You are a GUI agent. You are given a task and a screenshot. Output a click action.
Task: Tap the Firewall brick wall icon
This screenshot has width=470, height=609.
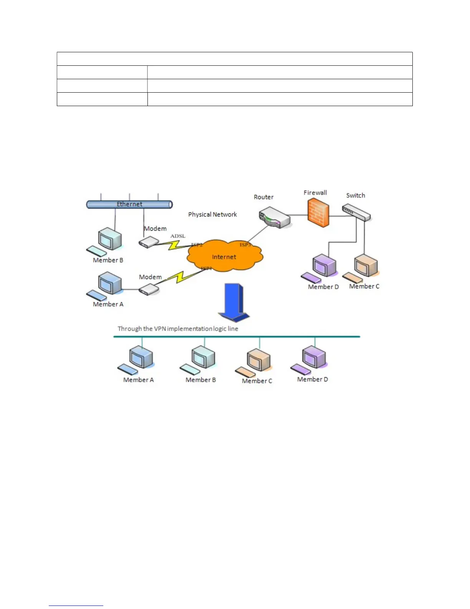[318, 213]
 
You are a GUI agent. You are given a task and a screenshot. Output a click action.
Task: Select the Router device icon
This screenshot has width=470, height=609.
[274, 218]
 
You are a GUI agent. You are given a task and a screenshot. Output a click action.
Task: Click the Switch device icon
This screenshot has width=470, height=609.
[356, 213]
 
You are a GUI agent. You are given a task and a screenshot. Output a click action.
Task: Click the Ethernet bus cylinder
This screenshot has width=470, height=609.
[129, 204]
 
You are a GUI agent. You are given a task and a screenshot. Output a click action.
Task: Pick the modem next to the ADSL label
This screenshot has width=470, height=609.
[149, 242]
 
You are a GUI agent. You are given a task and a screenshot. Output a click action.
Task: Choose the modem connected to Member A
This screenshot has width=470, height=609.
[149, 289]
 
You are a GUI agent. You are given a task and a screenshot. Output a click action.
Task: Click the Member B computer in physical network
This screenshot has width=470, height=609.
[109, 240]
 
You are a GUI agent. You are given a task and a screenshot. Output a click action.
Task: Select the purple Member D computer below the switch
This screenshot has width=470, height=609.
[324, 266]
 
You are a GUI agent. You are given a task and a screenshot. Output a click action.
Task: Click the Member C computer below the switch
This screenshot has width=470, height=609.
[366, 266]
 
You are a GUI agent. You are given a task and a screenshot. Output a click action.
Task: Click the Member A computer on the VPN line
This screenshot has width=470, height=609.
[141, 358]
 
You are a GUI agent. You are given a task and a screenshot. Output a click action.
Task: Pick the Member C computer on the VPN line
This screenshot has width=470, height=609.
[258, 360]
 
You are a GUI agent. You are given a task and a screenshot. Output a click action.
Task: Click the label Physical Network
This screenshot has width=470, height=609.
[212, 215]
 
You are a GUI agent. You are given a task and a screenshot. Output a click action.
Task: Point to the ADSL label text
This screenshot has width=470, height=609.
[178, 236]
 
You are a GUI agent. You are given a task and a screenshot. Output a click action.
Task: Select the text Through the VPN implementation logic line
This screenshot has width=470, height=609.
[178, 329]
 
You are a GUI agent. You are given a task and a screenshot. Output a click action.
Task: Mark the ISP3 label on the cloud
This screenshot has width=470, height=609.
[245, 245]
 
